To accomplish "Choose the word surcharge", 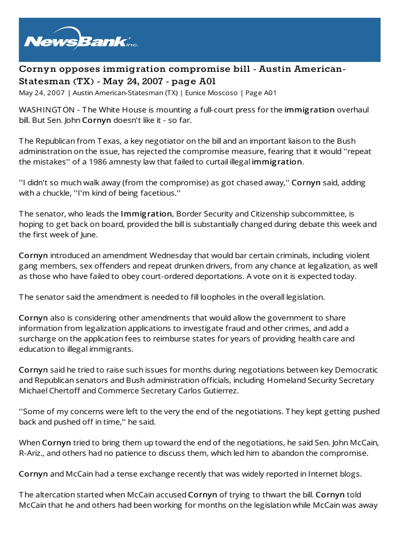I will click(x=38, y=339).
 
